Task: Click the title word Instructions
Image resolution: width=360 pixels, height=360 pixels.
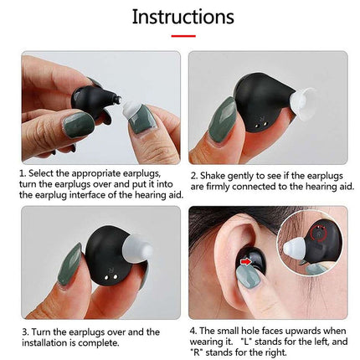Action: click(x=183, y=17)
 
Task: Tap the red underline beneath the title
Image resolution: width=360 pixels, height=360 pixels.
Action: click(x=183, y=36)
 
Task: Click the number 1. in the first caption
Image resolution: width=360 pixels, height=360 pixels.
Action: click(x=22, y=173)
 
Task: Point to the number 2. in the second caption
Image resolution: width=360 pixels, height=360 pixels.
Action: click(x=193, y=175)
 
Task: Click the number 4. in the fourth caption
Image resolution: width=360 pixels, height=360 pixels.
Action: click(x=193, y=331)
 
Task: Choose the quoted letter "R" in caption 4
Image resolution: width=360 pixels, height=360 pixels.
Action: click(x=195, y=352)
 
